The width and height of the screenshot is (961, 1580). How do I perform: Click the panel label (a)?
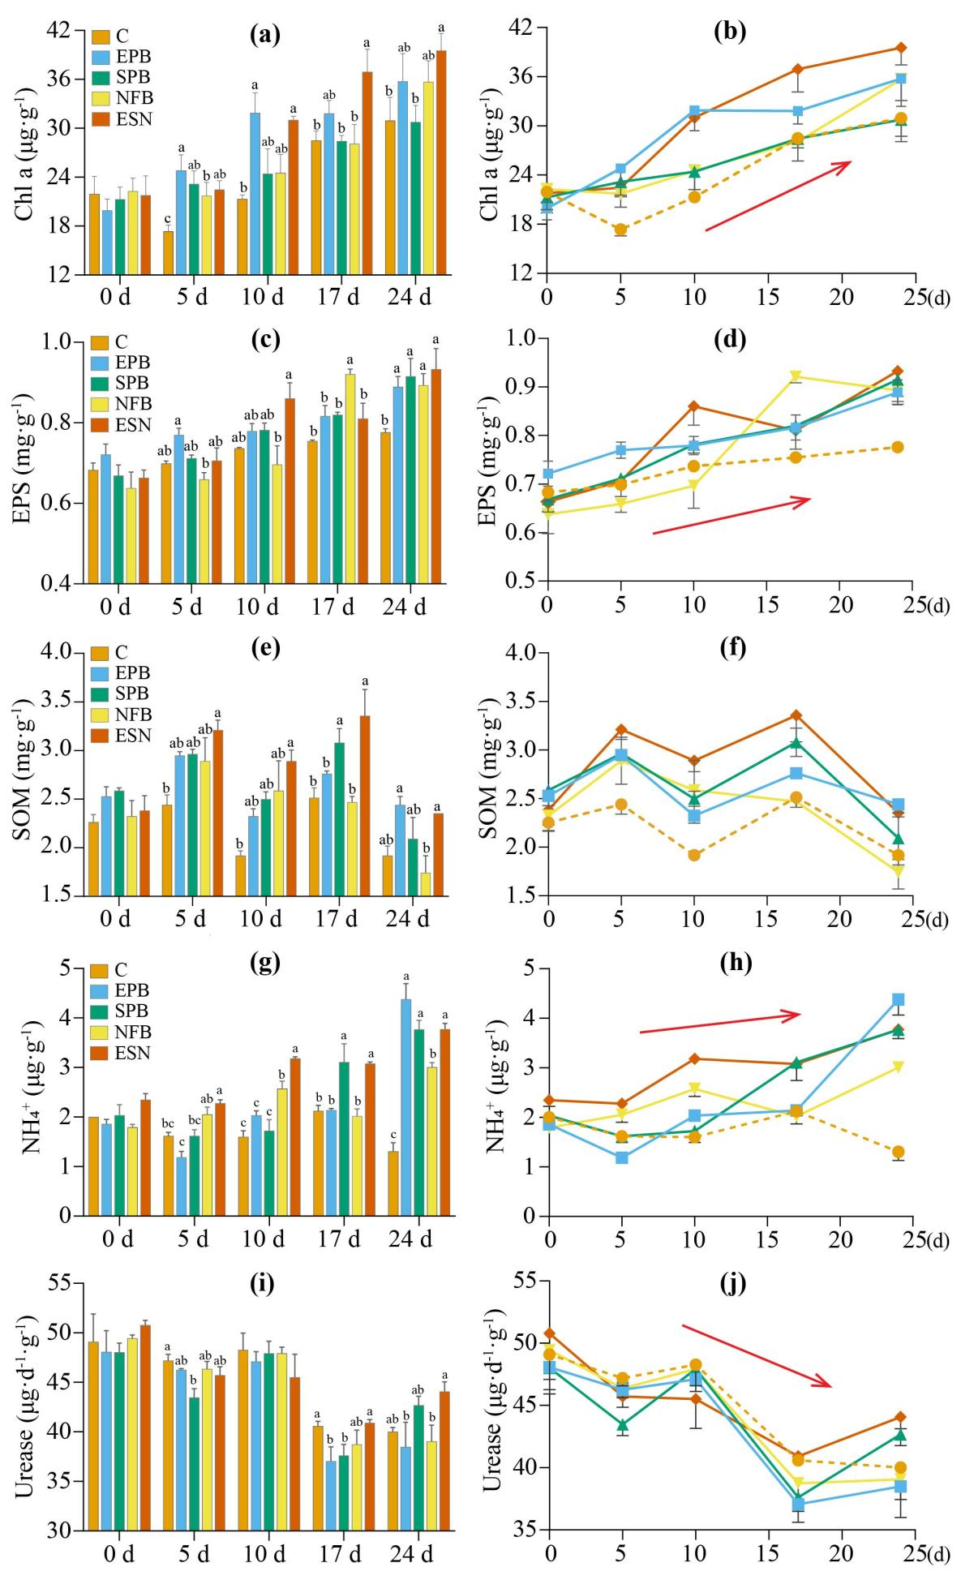[x=265, y=34]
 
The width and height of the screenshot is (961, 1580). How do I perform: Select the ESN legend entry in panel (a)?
[x=122, y=119]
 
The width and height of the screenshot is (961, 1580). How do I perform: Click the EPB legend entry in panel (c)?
[x=122, y=363]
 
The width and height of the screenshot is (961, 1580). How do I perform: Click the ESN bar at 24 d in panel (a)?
[x=441, y=162]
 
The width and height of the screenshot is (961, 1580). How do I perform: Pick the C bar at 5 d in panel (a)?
[x=168, y=252]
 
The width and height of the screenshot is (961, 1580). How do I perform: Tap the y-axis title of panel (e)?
[x=24, y=774]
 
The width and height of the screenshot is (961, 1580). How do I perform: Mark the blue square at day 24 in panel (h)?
[x=898, y=999]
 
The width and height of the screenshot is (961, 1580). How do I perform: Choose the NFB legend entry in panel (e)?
[x=122, y=715]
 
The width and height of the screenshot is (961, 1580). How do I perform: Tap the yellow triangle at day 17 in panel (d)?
[x=796, y=376]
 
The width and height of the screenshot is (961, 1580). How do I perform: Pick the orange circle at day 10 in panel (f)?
[x=694, y=855]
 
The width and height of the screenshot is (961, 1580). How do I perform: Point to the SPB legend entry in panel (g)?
[x=122, y=1011]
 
